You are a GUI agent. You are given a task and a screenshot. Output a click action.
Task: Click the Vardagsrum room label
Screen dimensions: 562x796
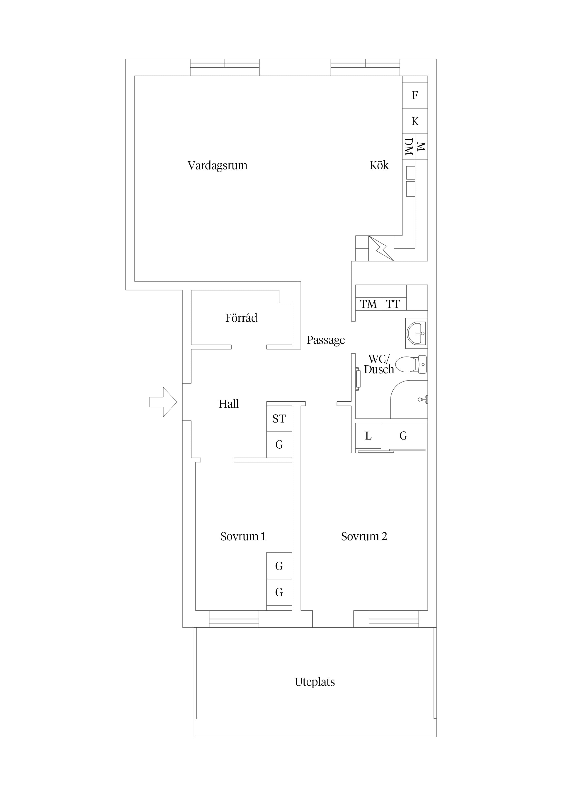[218, 165]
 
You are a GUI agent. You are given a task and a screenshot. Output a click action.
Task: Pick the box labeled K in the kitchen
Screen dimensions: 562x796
[415, 121]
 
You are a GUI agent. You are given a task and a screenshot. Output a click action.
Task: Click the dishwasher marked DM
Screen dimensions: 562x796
[409, 146]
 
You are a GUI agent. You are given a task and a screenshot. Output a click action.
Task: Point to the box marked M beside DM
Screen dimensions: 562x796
[421, 146]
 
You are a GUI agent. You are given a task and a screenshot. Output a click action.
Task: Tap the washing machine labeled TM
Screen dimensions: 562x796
[368, 304]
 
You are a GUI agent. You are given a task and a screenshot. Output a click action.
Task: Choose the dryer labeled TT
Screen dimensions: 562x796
[393, 304]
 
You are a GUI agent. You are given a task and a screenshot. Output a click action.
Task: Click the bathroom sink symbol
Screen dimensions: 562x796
[417, 333]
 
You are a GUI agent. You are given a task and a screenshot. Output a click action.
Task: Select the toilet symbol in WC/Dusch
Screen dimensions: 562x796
[411, 364]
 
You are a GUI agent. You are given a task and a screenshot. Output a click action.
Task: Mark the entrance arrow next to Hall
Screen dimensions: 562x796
[163, 402]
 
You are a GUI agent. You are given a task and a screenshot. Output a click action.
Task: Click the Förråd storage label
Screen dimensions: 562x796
[241, 318]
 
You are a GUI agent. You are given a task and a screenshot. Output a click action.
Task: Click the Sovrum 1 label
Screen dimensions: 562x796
[243, 536]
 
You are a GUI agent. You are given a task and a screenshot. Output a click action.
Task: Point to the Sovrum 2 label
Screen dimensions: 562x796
[364, 536]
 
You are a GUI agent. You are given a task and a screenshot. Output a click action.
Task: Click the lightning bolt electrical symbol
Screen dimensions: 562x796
[381, 248]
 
